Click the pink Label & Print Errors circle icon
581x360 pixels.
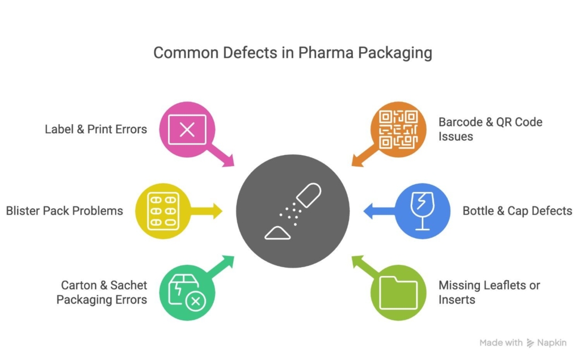coord(187,130)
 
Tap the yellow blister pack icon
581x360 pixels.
coord(163,211)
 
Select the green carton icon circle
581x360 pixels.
coord(187,293)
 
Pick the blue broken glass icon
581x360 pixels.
coord(422,211)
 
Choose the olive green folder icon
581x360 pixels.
coord(398,293)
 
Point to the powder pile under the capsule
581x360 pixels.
coord(277,232)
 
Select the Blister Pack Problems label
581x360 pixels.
coord(65,211)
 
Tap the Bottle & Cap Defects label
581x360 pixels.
coord(517,211)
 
